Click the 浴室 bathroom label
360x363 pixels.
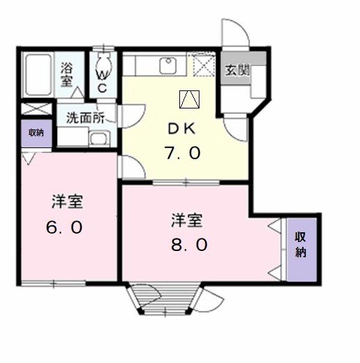tap(67, 75)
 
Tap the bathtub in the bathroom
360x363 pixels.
tap(38, 74)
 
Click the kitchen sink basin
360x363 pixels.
tap(168, 66)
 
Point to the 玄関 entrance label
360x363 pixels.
tap(237, 70)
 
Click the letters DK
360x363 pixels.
tap(181, 129)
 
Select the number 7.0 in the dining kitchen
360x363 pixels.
tap(182, 153)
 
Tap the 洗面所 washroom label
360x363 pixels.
tap(85, 118)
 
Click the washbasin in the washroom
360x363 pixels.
tap(99, 138)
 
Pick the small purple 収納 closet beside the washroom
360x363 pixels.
tap(36, 134)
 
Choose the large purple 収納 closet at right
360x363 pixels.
tap(302, 249)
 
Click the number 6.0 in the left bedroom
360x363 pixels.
tap(64, 227)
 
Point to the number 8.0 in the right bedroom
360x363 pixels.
tap(189, 245)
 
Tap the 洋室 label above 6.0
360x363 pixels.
tap(67, 202)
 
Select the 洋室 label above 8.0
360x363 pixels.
tap(187, 220)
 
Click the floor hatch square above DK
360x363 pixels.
tap(189, 99)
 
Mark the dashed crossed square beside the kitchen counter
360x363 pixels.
tap(204, 65)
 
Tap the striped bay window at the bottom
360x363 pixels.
tap(165, 298)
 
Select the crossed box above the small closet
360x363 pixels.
tap(36, 108)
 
